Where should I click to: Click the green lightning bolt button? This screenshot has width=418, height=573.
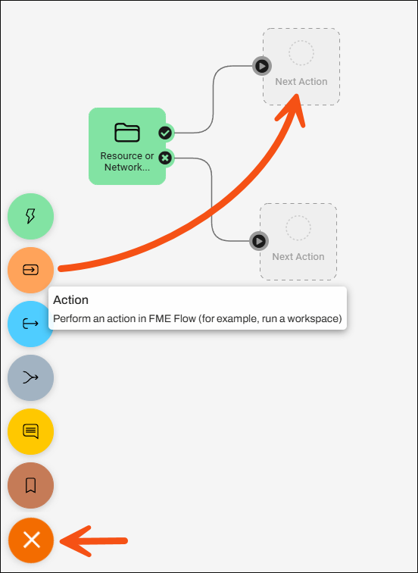pyautogui.click(x=30, y=216)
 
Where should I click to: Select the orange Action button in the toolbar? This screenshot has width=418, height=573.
pyautogui.click(x=30, y=270)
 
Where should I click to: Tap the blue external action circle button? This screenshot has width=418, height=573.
pyautogui.click(x=30, y=324)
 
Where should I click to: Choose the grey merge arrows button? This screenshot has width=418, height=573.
pyautogui.click(x=30, y=377)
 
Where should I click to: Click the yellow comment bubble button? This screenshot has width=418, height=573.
pyautogui.click(x=30, y=431)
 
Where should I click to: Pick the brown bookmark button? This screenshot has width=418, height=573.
pyautogui.click(x=30, y=485)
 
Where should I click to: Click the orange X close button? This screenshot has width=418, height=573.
pyautogui.click(x=31, y=540)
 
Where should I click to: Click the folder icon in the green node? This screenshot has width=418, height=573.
pyautogui.click(x=127, y=133)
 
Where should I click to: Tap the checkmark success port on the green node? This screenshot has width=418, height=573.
pyautogui.click(x=165, y=133)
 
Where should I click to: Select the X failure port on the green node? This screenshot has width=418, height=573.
pyautogui.click(x=165, y=158)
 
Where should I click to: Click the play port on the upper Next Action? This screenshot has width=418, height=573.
pyautogui.click(x=262, y=66)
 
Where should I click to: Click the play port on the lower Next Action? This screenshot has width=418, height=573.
pyautogui.click(x=259, y=241)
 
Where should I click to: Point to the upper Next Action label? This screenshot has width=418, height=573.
pyautogui.click(x=301, y=82)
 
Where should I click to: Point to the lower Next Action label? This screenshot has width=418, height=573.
pyautogui.click(x=298, y=256)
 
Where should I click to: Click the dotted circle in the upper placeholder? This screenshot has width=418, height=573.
pyautogui.click(x=301, y=52)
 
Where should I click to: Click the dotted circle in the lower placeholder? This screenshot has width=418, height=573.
pyautogui.click(x=298, y=227)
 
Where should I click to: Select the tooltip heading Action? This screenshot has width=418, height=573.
pyautogui.click(x=71, y=300)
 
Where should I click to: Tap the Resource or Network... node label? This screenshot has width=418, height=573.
pyautogui.click(x=127, y=161)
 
